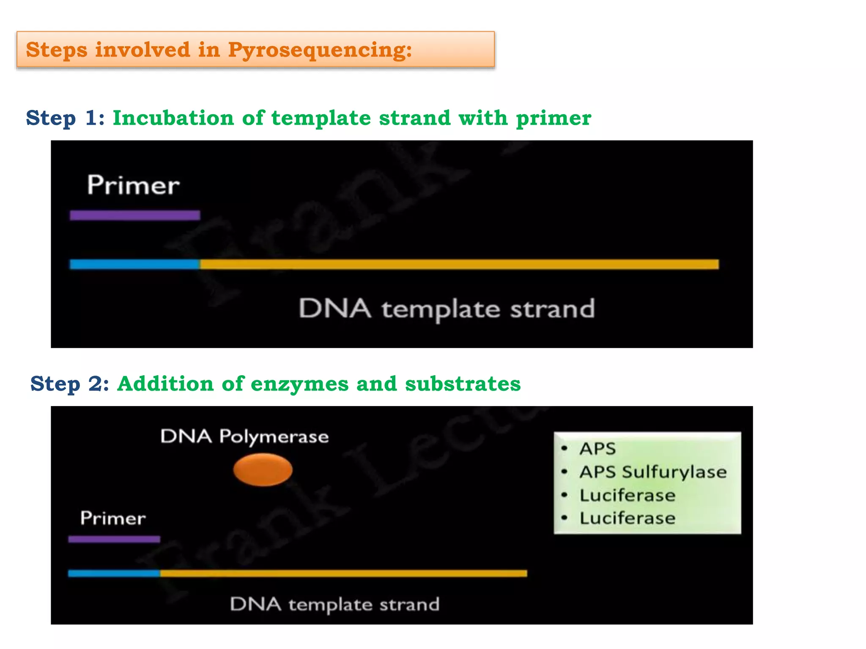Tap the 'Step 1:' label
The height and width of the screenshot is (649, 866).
pos(65,118)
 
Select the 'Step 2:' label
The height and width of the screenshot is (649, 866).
pos(70,384)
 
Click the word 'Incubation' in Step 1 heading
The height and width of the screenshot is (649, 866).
pos(173,118)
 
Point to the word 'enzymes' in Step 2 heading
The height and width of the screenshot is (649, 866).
pos(299,384)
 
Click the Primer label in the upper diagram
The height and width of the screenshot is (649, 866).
pos(133,185)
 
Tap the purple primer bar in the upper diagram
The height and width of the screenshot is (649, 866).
pos(135,215)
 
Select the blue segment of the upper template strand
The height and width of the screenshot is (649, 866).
pos(134,265)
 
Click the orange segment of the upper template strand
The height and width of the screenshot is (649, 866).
pos(459,265)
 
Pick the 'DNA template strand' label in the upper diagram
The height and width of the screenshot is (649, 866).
pos(447,309)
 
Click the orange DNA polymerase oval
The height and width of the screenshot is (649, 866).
pos(263,469)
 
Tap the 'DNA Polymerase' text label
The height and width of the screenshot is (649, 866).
pos(244,436)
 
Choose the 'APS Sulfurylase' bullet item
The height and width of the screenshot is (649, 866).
pos(652,472)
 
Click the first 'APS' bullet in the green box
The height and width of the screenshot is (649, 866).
pos(597,449)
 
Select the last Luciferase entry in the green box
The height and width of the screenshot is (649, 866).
pos(627,518)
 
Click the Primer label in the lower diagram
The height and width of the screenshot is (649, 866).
pos(113,518)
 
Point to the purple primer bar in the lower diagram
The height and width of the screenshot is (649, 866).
pos(114,539)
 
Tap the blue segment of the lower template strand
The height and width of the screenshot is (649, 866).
pos(114,573)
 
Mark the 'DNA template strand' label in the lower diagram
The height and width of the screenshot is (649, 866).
pos(334,604)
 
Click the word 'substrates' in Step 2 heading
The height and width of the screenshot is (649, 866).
pos(463,384)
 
